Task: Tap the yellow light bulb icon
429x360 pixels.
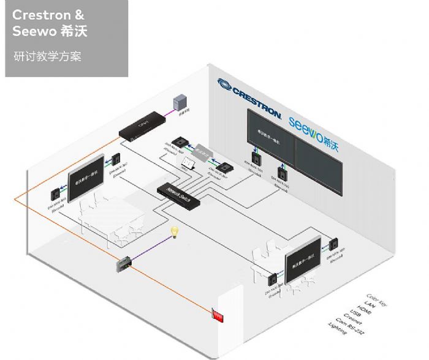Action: (x=174, y=232)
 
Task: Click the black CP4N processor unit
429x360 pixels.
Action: (x=142, y=124)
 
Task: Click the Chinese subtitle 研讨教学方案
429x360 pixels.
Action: (x=47, y=57)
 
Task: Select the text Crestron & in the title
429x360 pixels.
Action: (x=48, y=15)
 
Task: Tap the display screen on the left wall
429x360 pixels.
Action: (x=85, y=179)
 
